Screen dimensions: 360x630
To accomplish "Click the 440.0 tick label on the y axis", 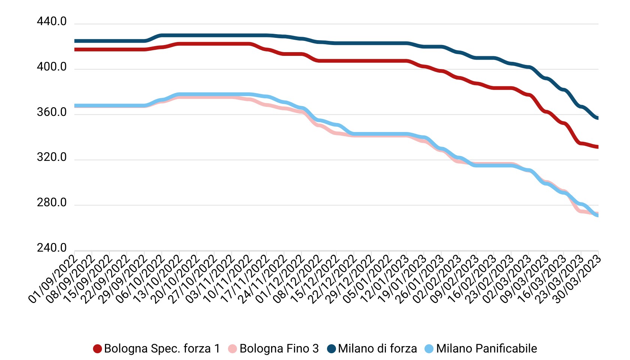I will [51, 22].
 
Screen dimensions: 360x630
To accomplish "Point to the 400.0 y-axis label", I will [51, 67].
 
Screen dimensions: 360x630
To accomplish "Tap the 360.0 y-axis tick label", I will [51, 112].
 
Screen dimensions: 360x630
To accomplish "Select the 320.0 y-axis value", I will [51, 157].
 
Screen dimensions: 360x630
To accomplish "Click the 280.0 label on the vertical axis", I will [51, 203].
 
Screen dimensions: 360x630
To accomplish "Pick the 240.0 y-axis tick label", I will [51, 248].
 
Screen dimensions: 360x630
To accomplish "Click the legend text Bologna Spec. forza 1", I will [162, 348].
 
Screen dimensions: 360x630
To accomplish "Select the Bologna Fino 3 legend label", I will [279, 348].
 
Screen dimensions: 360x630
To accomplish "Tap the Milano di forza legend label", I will [377, 348].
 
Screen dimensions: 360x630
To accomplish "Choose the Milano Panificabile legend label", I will [486, 348].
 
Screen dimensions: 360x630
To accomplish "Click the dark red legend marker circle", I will [97, 349].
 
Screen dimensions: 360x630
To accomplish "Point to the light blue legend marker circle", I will [429, 349].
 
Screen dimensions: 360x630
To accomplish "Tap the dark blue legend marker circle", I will [331, 349].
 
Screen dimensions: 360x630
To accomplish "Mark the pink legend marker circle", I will [232, 349].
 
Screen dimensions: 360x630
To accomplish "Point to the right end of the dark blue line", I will [598, 118].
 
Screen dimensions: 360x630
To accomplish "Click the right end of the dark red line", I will [598, 147].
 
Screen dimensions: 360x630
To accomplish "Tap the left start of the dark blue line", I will [75, 41].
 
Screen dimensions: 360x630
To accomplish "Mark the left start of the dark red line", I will [75, 49].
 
